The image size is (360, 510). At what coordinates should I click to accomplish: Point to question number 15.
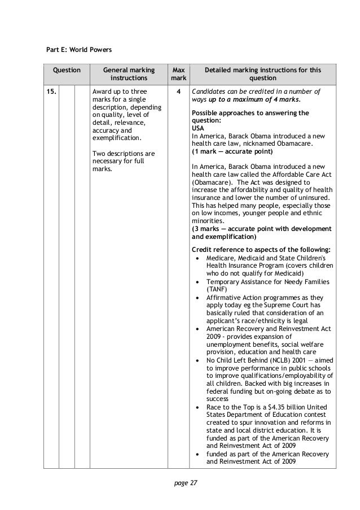click(x=51, y=91)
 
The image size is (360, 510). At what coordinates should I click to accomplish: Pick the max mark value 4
click(x=178, y=91)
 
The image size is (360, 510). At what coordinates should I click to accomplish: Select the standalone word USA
click(x=199, y=128)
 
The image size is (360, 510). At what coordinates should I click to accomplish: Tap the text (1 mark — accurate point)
click(x=231, y=152)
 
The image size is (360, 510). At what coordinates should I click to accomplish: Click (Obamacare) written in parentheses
click(x=212, y=183)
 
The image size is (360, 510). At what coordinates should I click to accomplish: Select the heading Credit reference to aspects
click(x=248, y=249)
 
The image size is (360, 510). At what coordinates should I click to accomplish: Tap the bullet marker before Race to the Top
click(x=196, y=407)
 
